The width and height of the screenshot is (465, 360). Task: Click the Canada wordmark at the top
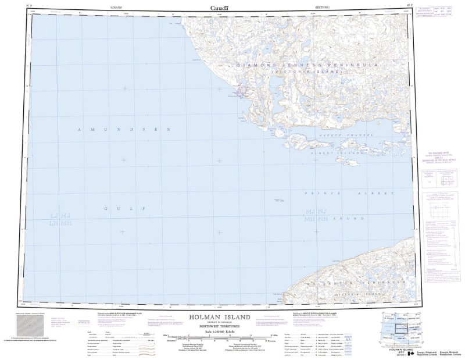(220, 7)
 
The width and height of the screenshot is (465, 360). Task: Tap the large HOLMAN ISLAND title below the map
(220, 318)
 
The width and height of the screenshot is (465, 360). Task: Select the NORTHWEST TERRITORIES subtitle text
(220, 327)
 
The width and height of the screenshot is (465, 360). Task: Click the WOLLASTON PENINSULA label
(360, 282)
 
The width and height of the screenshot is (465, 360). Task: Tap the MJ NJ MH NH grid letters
(317, 215)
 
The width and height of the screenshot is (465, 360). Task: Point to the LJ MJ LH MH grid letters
(60, 219)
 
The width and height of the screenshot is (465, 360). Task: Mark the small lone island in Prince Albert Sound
(279, 200)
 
